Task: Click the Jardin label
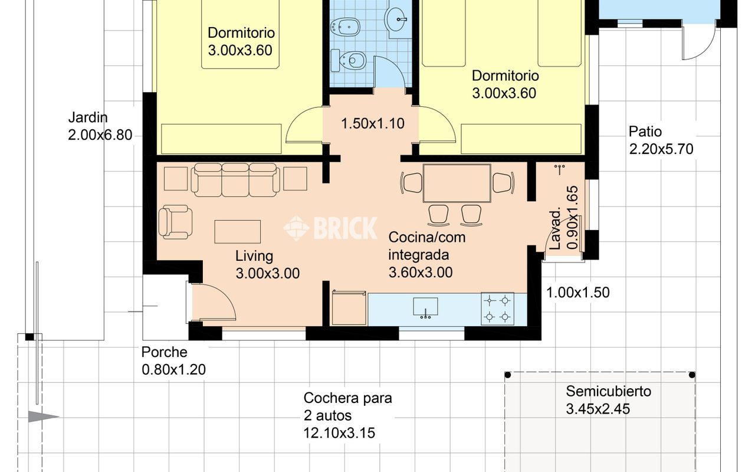tap(88, 117)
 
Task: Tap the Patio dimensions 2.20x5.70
tap(661, 149)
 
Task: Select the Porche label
tap(164, 352)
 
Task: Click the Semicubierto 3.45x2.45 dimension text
tap(598, 409)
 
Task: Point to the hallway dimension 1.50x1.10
tap(373, 124)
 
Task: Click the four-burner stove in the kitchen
tap(497, 309)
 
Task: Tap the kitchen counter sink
tap(426, 307)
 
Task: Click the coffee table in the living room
tap(237, 232)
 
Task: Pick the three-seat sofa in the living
tap(235, 180)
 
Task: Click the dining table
tap(457, 183)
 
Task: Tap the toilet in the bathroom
tap(348, 61)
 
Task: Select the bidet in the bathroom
tap(345, 26)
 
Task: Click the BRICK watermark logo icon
tap(296, 228)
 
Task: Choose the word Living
tap(254, 256)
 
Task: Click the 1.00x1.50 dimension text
tap(577, 293)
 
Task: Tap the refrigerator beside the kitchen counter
tap(349, 308)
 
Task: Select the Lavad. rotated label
tap(555, 230)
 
